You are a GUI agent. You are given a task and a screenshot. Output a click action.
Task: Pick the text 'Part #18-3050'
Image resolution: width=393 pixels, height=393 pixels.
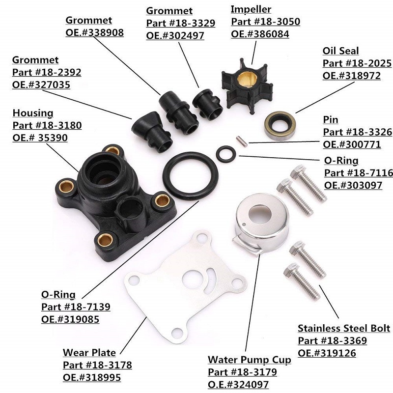pyautogui.click(x=265, y=22)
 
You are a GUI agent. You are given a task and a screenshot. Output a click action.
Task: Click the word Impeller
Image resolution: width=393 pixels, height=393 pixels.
pyautogui.click(x=251, y=9)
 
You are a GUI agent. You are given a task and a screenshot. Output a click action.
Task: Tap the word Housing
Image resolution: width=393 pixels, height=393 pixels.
pyautogui.click(x=32, y=113)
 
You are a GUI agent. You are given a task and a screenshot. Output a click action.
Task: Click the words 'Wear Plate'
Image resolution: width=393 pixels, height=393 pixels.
pyautogui.click(x=89, y=353)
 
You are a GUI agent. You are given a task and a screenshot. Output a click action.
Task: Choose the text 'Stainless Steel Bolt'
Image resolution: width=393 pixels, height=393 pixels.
pyautogui.click(x=344, y=328)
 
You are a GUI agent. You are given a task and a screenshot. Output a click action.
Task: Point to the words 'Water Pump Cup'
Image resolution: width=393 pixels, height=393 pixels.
pyautogui.click(x=249, y=360)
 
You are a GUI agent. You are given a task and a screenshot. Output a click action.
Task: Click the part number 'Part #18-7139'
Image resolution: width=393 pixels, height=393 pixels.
pyautogui.click(x=76, y=307)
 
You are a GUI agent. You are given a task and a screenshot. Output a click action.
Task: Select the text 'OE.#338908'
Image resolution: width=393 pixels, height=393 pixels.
pyautogui.click(x=94, y=32)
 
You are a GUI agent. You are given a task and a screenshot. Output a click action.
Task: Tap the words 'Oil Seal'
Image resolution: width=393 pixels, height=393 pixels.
pyautogui.click(x=340, y=51)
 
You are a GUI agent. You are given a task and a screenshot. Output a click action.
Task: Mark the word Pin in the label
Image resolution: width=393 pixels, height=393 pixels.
pyautogui.click(x=331, y=120)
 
